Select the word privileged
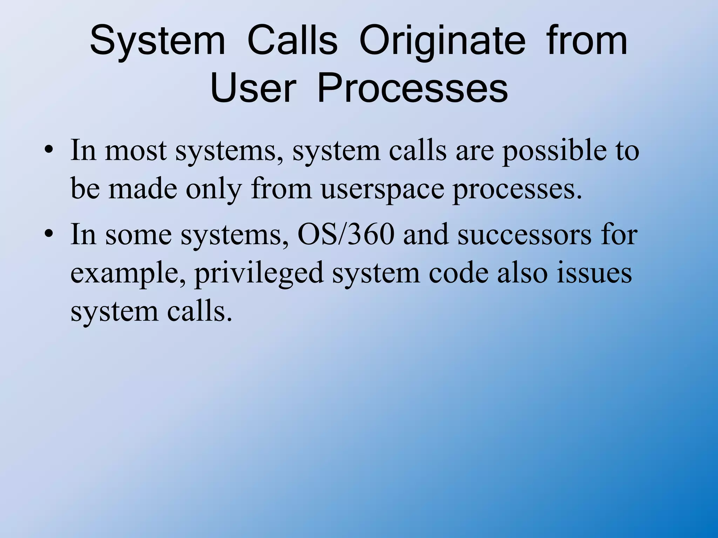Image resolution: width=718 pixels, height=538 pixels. click(259, 274)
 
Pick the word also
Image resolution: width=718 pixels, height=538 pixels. click(522, 273)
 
